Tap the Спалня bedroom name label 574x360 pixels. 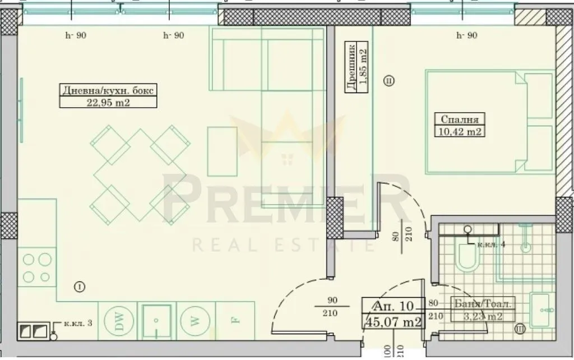(459, 119)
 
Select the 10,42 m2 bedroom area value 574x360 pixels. (459, 132)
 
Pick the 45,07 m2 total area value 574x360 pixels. (393, 321)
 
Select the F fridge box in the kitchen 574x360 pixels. (235, 321)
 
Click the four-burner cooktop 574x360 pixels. (36, 267)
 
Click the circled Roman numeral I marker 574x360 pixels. (80, 287)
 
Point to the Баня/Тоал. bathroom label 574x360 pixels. (481, 304)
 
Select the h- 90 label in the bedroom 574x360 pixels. (467, 36)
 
